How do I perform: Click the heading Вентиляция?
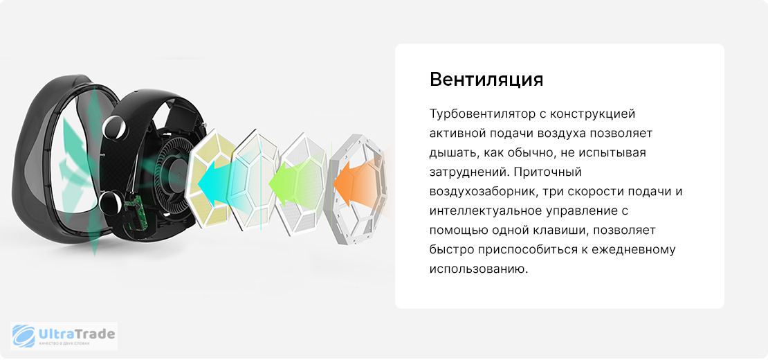tap(486, 80)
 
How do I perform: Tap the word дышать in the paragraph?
tap(450, 153)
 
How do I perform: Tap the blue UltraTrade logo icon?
tap(24, 336)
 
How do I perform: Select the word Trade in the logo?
tap(96, 334)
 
